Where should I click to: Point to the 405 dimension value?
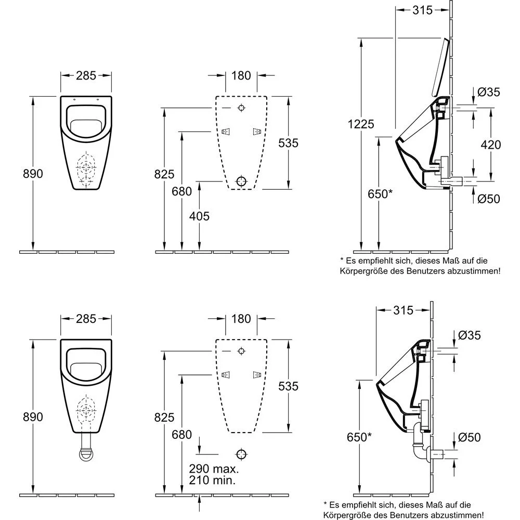[x=199, y=215]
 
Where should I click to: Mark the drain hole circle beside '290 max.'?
[x=241, y=453]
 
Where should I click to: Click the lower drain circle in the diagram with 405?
[x=241, y=181]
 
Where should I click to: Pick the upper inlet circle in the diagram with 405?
[x=241, y=108]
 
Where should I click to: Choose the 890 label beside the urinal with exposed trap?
[x=33, y=417]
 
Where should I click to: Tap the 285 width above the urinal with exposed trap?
[x=86, y=319]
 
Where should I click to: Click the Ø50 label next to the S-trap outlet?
[x=469, y=438]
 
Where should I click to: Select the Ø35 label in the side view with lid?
[x=488, y=93]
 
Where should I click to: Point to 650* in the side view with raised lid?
[x=377, y=193]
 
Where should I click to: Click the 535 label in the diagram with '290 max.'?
[x=288, y=386]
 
